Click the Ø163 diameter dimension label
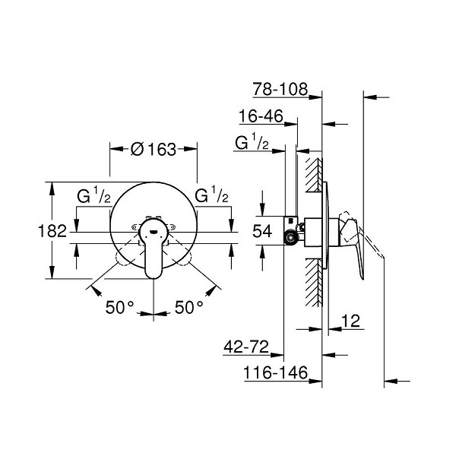154,149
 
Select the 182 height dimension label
52,232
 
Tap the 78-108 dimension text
280,89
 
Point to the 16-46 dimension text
261,116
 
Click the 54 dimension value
262,232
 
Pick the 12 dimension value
350,321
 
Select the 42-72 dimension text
246,347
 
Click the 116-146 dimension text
275,373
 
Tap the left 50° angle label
119,307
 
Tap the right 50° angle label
188,307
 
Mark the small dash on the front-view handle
154,232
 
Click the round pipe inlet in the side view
291,237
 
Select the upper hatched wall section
314,175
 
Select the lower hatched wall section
314,283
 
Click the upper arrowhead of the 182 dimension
52,189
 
